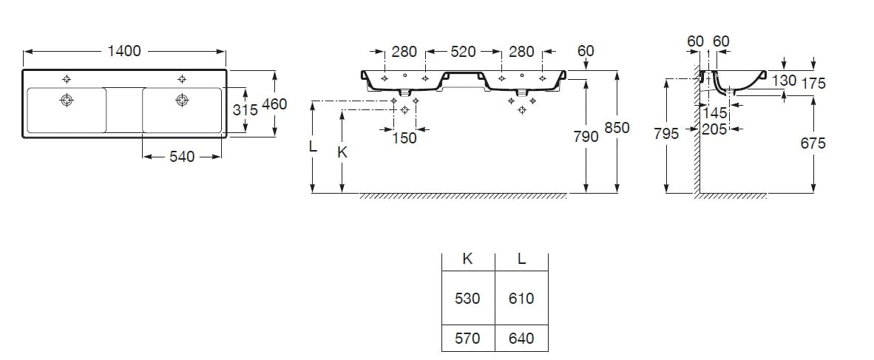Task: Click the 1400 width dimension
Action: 123,51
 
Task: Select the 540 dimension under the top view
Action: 181,157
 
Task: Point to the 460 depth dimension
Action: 274,104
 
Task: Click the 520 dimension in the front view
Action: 463,52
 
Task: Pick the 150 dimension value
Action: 404,137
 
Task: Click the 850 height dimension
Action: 617,128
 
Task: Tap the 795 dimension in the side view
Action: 666,134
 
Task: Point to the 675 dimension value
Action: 813,143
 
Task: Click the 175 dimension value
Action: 813,84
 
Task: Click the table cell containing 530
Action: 467,298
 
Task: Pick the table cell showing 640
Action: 522,339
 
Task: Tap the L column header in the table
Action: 522,259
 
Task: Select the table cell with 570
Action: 467,339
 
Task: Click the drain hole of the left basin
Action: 67,100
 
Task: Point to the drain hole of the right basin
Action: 180,100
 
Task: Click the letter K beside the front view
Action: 342,152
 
